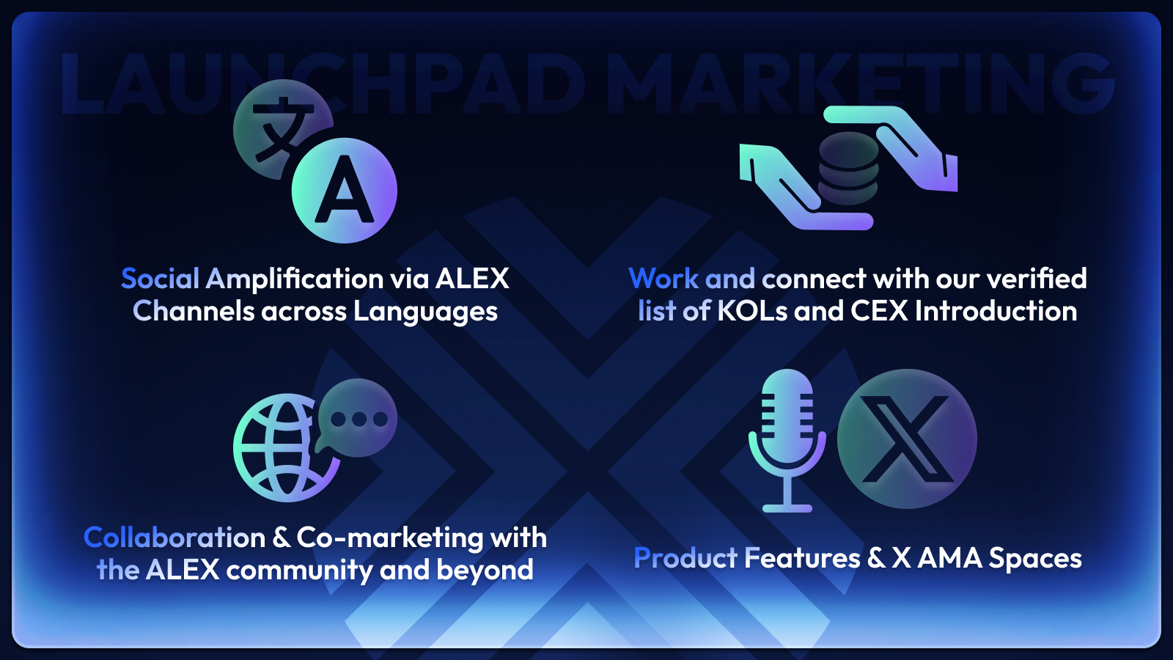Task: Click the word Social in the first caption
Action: pos(160,278)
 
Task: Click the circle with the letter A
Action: pos(344,190)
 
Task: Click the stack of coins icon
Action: pos(848,168)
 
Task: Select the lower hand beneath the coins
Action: pos(801,188)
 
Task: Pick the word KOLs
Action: pos(752,311)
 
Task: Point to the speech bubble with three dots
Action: pos(357,418)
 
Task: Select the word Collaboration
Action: pos(174,538)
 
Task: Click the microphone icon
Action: pos(787,441)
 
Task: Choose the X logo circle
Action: pos(907,439)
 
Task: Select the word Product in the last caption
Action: pos(685,558)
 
